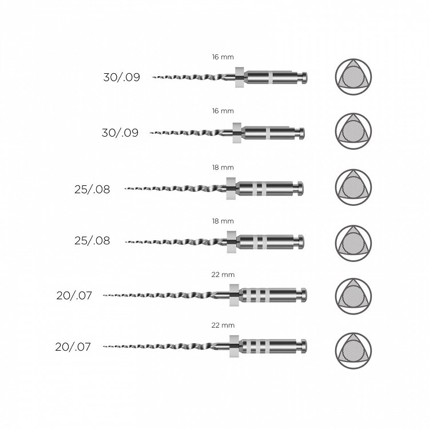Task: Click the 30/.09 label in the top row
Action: click(121, 77)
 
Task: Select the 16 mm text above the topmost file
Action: click(223, 57)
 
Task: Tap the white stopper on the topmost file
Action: click(240, 77)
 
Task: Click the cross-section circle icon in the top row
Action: click(353, 77)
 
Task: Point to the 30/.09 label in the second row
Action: click(120, 133)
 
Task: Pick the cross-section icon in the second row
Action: click(353, 131)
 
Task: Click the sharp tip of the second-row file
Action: click(150, 133)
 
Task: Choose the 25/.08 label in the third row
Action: click(92, 189)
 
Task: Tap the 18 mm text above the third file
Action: click(223, 168)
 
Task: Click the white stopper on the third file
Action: click(231, 189)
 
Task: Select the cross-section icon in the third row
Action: click(353, 187)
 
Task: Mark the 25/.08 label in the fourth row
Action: click(92, 240)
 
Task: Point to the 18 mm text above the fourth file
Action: click(223, 221)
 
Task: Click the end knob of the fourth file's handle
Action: click(300, 242)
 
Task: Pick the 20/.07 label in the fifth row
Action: click(74, 296)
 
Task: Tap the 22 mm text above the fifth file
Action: click(223, 275)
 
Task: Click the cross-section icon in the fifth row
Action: click(353, 296)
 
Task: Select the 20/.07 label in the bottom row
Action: click(73, 347)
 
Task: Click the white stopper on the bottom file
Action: click(234, 346)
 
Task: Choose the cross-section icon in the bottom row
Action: click(353, 351)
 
